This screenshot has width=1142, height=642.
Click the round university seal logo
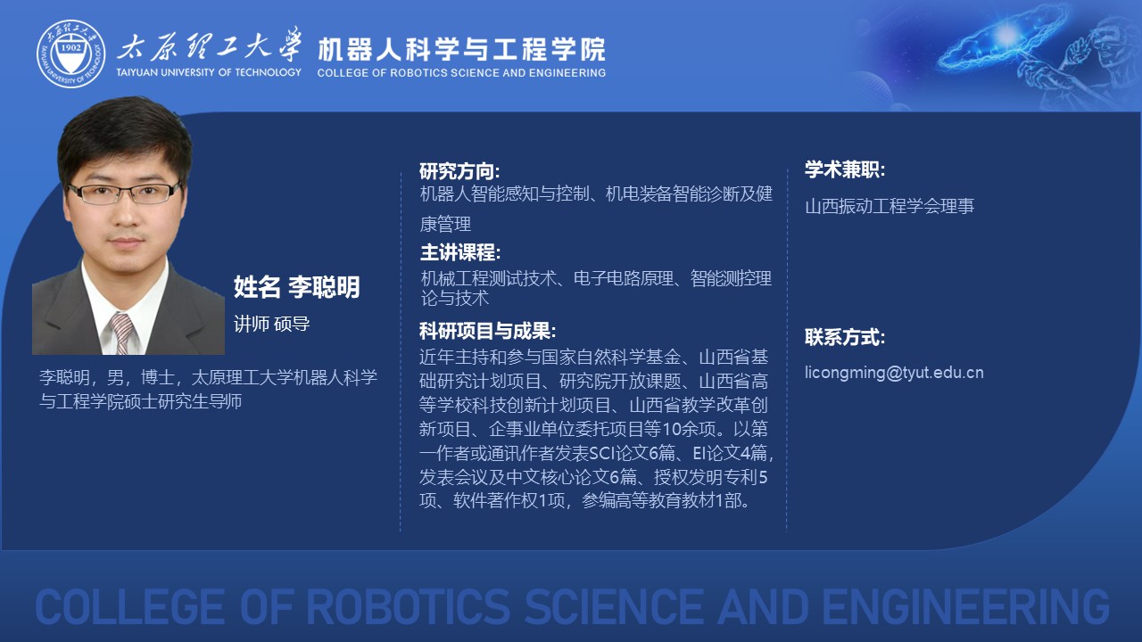[x=70, y=54]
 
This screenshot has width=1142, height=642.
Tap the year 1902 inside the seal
[x=70, y=48]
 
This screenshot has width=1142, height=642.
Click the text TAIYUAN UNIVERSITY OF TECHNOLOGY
[x=209, y=72]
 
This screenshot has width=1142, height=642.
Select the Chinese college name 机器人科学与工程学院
[x=461, y=49]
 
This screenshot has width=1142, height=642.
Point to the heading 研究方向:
[x=459, y=172]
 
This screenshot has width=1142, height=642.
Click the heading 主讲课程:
[x=459, y=252]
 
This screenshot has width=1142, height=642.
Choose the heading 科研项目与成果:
[x=487, y=331]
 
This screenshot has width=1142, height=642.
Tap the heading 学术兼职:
[x=845, y=169]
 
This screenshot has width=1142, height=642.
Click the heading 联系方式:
[x=845, y=337]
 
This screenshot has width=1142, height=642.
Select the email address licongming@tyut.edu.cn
[x=894, y=373]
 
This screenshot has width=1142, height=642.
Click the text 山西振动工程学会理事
[x=890, y=206]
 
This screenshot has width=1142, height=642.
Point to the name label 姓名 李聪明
[x=297, y=287]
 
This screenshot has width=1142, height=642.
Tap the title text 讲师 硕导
[x=272, y=324]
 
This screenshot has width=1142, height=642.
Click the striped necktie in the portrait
[x=121, y=333]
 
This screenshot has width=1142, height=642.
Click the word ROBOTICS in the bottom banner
[x=408, y=607]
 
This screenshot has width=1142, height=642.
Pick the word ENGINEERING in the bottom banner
[x=965, y=607]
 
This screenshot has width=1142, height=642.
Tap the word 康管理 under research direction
[x=445, y=224]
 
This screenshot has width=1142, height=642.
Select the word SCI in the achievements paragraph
[x=602, y=453]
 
